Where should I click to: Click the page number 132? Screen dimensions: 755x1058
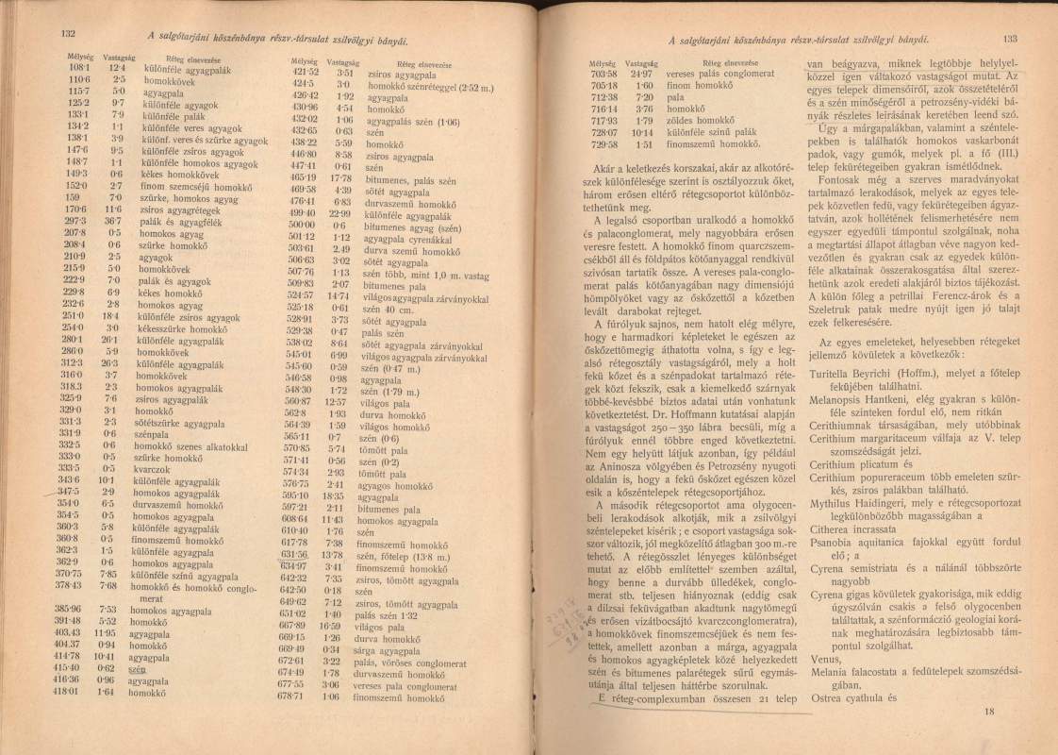pyautogui.click(x=67, y=35)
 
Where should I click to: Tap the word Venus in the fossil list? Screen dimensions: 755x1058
pyautogui.click(x=824, y=662)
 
